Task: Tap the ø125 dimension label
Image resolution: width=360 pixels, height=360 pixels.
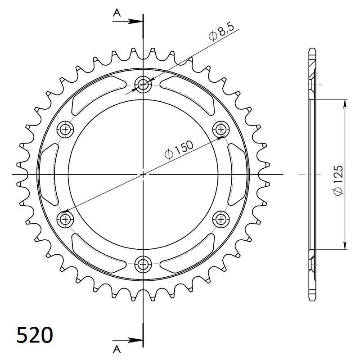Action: (x=338, y=180)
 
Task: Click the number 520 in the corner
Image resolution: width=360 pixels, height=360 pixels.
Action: (x=35, y=335)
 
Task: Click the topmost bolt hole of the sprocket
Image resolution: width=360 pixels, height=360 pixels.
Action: (x=144, y=84)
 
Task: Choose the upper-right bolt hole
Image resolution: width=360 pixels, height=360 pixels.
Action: (x=221, y=130)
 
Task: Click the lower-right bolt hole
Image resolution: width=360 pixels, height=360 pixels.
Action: (x=221, y=219)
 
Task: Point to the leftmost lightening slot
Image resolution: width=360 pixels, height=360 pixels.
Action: (x=49, y=174)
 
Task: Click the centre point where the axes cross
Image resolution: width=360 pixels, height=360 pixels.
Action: (x=144, y=174)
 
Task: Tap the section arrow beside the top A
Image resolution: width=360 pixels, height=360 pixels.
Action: (x=133, y=21)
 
